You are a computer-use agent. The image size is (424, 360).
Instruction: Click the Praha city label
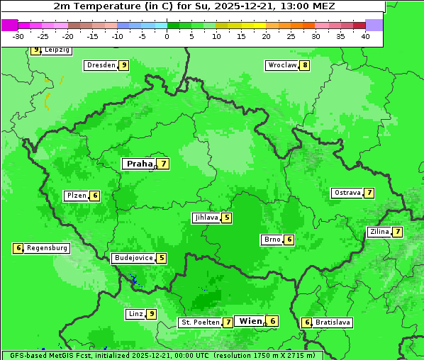(139, 164)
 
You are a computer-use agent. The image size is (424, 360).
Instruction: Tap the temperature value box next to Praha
(164, 164)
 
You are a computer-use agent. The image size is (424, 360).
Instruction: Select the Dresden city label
(101, 65)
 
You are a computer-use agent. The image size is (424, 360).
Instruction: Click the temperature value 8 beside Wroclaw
(305, 66)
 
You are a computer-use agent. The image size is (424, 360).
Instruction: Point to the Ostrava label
(347, 193)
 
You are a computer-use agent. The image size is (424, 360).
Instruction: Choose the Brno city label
(272, 240)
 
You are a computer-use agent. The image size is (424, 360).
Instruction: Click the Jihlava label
(206, 218)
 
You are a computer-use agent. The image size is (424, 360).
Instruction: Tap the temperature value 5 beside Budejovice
(162, 258)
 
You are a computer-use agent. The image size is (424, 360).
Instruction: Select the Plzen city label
(76, 196)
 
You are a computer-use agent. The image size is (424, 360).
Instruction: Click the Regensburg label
(48, 248)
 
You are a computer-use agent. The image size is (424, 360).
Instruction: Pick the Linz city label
(135, 314)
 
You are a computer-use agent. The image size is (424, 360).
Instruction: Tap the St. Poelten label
(199, 322)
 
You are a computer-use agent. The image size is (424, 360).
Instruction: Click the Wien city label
(250, 321)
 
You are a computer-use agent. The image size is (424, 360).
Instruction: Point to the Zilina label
(379, 232)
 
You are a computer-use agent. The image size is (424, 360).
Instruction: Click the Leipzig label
(57, 50)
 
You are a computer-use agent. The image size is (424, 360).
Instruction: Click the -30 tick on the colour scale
(18, 36)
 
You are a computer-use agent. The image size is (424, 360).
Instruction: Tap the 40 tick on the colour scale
(365, 36)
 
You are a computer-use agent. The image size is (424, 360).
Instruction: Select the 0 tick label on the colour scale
(167, 36)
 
